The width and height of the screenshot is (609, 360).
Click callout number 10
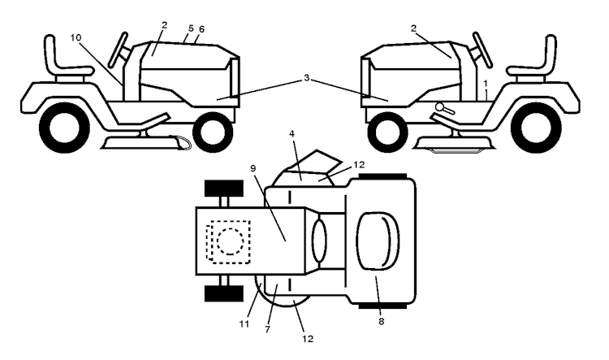click(76, 37)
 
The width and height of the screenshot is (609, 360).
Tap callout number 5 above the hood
click(191, 28)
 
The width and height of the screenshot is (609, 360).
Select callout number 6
click(201, 29)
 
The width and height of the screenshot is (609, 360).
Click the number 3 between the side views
click(306, 78)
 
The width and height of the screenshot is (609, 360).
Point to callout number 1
click(485, 83)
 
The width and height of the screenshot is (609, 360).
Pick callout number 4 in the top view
click(292, 134)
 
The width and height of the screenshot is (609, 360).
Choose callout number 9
click(253, 168)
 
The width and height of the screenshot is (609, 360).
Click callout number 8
click(381, 322)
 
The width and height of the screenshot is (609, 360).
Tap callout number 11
click(244, 324)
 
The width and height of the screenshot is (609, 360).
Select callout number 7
click(268, 330)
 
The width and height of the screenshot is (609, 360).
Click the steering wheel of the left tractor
click(118, 50)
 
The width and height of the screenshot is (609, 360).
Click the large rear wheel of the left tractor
click(64, 127)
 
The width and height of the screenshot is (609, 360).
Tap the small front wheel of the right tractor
click(387, 132)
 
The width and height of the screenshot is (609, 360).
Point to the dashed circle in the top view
click(231, 241)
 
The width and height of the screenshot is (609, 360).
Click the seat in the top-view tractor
click(378, 241)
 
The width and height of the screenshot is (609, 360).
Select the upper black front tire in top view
click(224, 189)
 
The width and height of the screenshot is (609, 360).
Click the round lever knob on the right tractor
click(439, 106)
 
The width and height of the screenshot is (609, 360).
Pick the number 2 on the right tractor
click(413, 28)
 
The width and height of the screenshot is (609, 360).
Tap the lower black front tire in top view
click(224, 293)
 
